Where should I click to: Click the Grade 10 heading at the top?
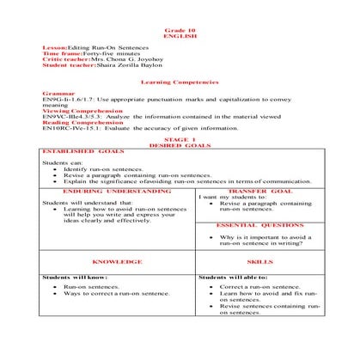tap(180, 29)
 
